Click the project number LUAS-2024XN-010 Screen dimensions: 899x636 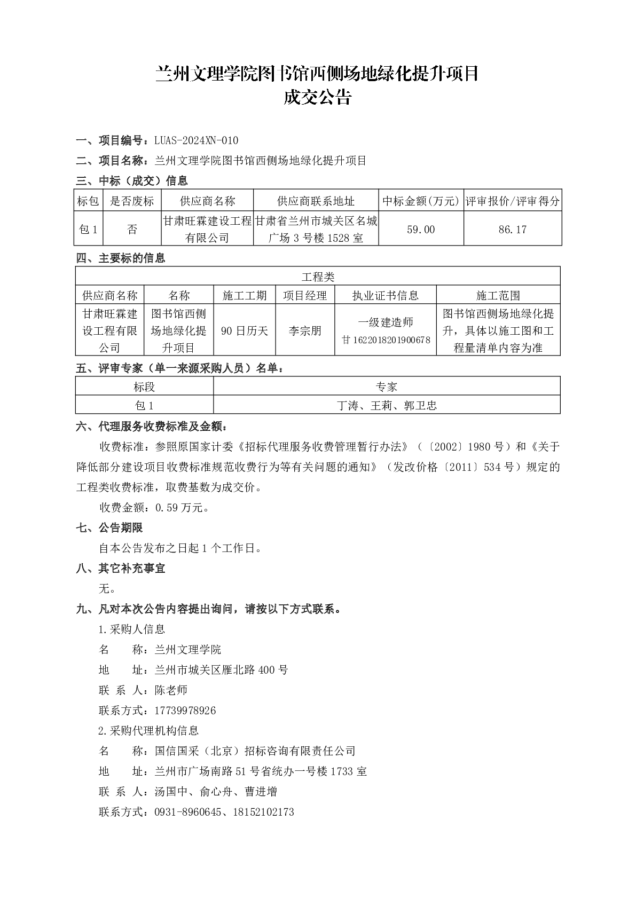(196, 140)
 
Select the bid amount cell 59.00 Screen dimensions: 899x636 (421, 230)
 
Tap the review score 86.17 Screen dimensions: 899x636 (513, 230)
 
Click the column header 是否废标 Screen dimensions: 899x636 (132, 201)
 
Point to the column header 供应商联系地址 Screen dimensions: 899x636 (316, 201)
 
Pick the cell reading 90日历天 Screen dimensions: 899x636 (245, 331)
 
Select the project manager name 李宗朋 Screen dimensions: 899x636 (305, 331)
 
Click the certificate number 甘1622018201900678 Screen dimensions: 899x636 (386, 340)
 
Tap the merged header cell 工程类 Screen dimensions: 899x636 (318, 277)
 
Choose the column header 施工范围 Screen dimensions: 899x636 (498, 295)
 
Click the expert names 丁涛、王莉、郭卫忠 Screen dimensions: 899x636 (387, 406)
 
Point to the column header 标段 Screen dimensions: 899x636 (144, 387)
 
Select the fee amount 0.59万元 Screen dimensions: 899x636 (182, 508)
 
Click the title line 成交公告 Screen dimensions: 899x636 (317, 98)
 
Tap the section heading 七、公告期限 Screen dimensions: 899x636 (109, 528)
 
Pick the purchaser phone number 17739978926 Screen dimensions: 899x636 (185, 711)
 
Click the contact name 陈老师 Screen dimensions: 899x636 (171, 690)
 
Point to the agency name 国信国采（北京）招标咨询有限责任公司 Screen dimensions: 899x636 (255, 751)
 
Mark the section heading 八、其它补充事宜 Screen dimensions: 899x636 (121, 569)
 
